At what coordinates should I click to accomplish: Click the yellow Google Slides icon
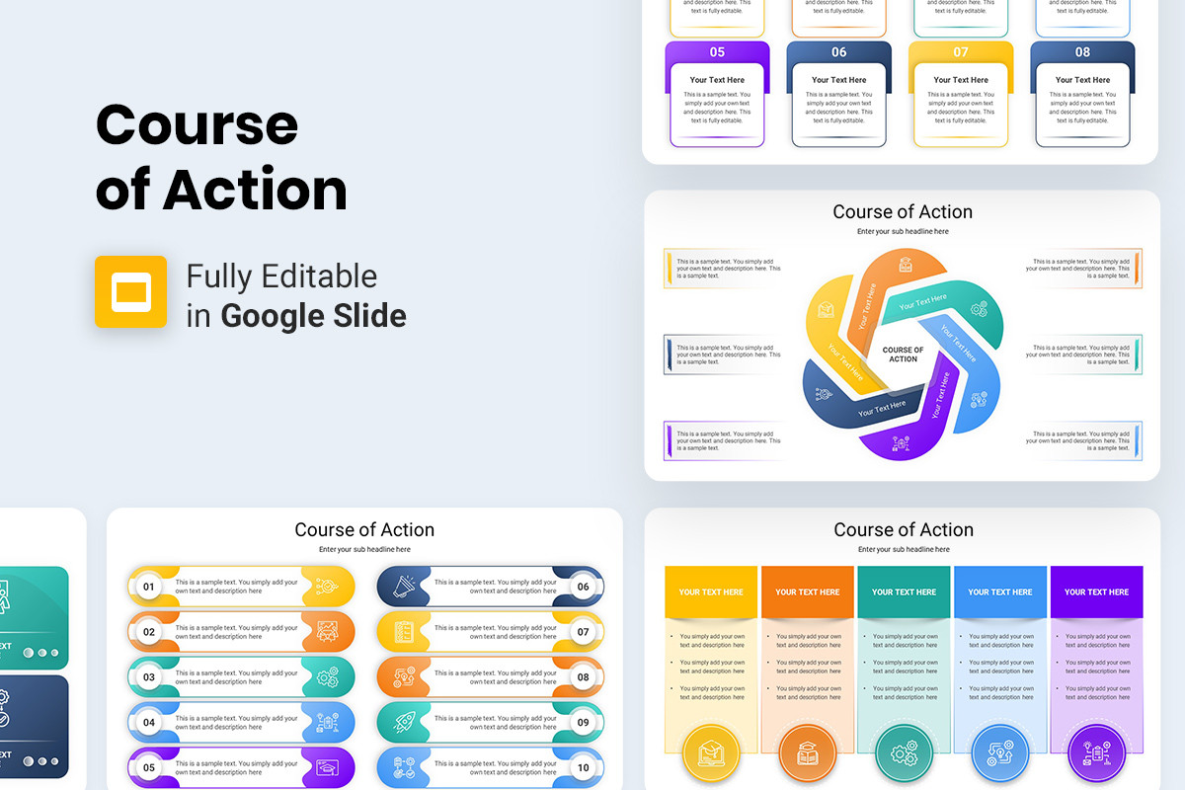click(130, 291)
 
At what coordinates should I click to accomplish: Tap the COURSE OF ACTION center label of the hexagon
click(903, 355)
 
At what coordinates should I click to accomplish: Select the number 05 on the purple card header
click(717, 52)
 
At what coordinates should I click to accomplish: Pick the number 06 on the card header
click(838, 52)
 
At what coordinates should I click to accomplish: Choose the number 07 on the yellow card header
click(961, 52)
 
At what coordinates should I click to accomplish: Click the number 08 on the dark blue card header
click(1082, 52)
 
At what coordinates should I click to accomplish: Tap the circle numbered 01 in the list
click(149, 587)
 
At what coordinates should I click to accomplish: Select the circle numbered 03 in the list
click(149, 677)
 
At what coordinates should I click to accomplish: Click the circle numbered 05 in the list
click(149, 767)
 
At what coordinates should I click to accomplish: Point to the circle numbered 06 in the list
click(583, 587)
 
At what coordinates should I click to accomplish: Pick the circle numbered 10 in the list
click(583, 767)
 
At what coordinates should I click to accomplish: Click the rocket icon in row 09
click(404, 723)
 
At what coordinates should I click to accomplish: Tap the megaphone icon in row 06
click(404, 587)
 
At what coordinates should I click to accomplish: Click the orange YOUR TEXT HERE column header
click(807, 592)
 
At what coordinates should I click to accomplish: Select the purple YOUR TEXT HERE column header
click(1096, 592)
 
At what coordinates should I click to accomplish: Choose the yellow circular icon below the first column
click(711, 753)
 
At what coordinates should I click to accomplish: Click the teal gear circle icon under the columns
click(904, 753)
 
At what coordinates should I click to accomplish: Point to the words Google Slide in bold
click(313, 316)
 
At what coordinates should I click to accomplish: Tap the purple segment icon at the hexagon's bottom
click(901, 442)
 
